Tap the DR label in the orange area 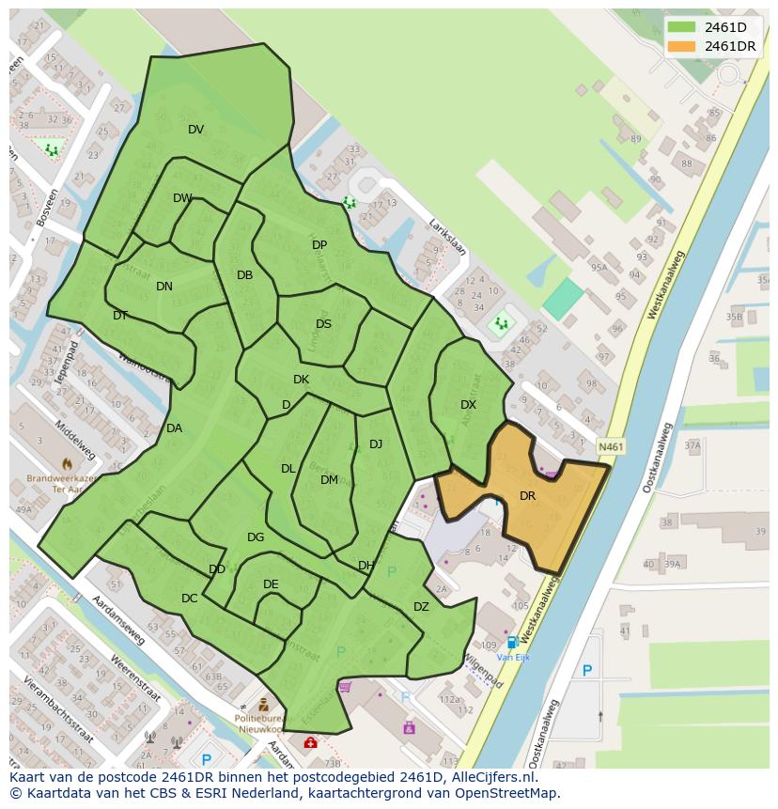(527, 496)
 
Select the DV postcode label (195, 130)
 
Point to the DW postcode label (182, 198)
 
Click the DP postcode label (319, 245)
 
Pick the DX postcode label (468, 405)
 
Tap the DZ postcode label (421, 607)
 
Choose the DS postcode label (323, 324)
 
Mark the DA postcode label (174, 428)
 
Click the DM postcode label (329, 480)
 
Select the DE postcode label (271, 584)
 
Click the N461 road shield (610, 447)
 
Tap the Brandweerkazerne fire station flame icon (67, 463)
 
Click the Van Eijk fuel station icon (512, 643)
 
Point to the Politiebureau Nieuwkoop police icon (264, 705)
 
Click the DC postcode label (190, 599)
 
